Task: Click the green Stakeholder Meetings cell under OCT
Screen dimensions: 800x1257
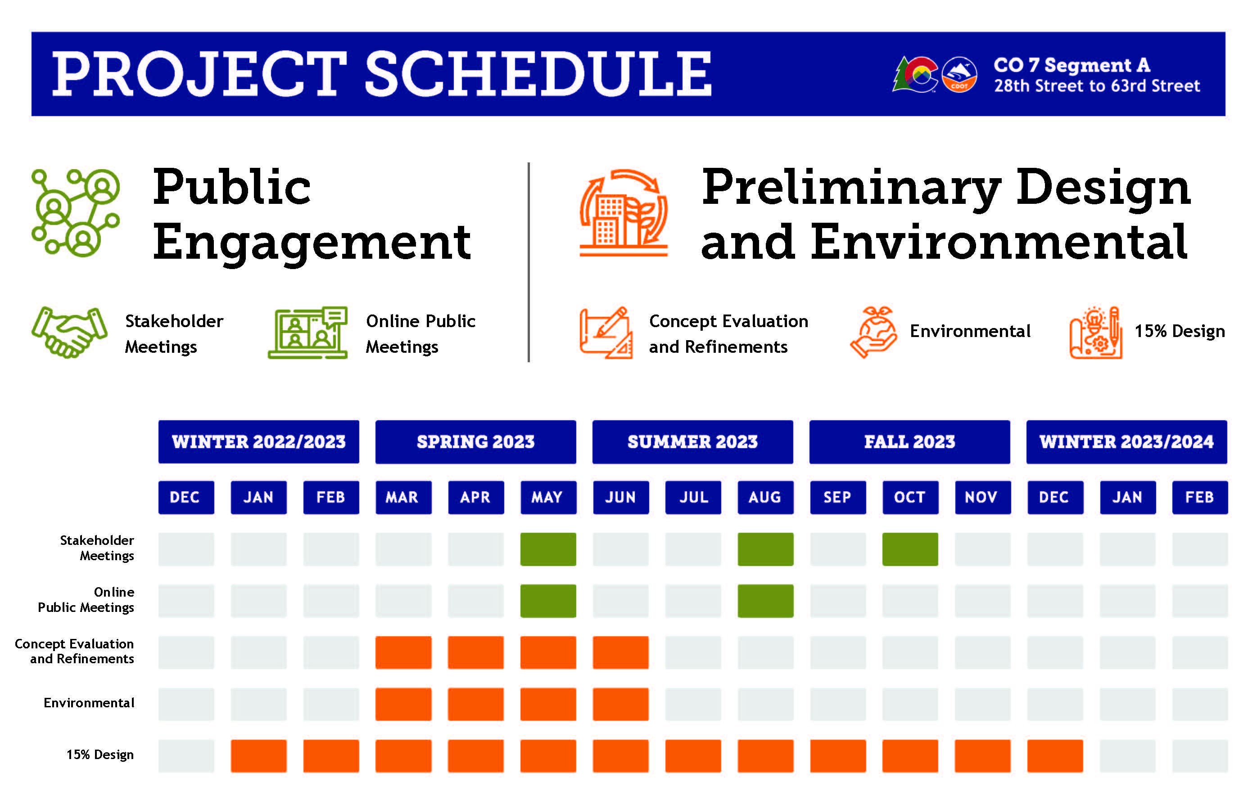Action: pyautogui.click(x=910, y=549)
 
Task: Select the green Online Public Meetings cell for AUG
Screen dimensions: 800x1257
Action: pyautogui.click(x=765, y=601)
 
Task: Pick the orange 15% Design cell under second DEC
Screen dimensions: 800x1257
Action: pyautogui.click(x=1054, y=755)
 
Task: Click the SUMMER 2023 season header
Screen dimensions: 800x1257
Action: pyautogui.click(x=692, y=441)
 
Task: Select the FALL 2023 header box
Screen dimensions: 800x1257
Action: pyautogui.click(x=909, y=441)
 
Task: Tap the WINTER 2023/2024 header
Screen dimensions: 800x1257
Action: pyautogui.click(x=1126, y=441)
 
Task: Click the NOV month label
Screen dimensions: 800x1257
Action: pyautogui.click(x=982, y=497)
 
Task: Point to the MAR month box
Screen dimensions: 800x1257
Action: pyautogui.click(x=403, y=497)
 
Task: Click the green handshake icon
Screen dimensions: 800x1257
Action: pyautogui.click(x=69, y=333)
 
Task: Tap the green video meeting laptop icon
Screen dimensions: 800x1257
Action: pyautogui.click(x=308, y=333)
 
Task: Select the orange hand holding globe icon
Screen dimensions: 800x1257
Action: pyautogui.click(x=873, y=333)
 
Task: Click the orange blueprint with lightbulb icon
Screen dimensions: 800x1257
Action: pyautogui.click(x=1096, y=333)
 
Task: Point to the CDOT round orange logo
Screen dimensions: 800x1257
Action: pyautogui.click(x=959, y=75)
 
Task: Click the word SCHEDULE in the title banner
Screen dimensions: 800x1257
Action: pyautogui.click(x=538, y=74)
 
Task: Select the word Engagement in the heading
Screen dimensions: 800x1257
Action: pyautogui.click(x=312, y=243)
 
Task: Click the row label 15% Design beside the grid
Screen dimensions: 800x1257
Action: pyautogui.click(x=99, y=755)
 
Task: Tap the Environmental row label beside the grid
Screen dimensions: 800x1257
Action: pyautogui.click(x=89, y=703)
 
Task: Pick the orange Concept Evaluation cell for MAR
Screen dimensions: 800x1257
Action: pyautogui.click(x=403, y=652)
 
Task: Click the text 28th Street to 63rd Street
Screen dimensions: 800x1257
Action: pyautogui.click(x=1097, y=85)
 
